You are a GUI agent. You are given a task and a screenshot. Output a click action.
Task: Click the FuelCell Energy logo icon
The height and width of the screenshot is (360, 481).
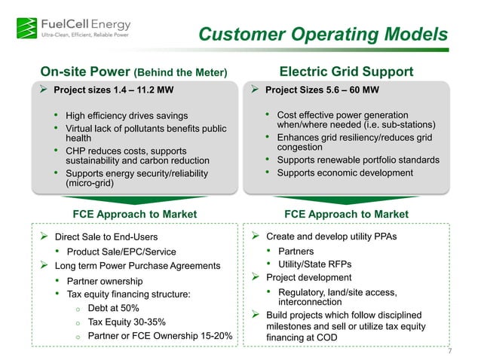(25, 26)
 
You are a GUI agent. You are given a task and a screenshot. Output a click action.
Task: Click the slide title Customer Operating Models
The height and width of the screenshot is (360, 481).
(322, 35)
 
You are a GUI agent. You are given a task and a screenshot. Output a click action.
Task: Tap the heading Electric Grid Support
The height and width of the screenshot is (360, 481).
(346, 72)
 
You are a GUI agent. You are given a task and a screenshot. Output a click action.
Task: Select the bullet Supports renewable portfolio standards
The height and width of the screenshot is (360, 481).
(358, 160)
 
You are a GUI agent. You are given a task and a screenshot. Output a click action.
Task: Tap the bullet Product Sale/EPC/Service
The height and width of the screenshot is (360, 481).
(121, 252)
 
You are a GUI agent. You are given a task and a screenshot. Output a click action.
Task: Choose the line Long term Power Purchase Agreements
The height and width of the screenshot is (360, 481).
(137, 266)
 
